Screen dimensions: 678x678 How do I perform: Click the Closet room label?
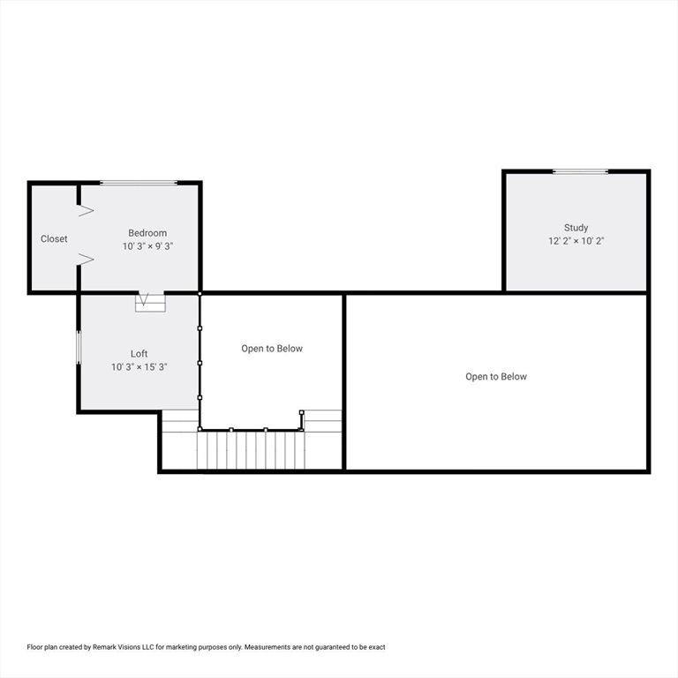coord(54,239)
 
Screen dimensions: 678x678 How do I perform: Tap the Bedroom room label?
coord(147,233)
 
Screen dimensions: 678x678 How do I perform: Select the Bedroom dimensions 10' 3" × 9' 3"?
coord(147,246)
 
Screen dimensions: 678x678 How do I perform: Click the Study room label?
coord(576,228)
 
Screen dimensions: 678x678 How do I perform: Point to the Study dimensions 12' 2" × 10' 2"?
coord(576,240)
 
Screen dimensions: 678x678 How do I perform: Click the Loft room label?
coord(139,353)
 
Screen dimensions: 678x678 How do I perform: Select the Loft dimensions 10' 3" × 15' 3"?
coord(139,366)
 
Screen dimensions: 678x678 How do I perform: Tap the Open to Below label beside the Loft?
coord(272,349)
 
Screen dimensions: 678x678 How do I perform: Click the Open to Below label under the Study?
coord(496,377)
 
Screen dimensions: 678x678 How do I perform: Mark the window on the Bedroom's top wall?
coord(139,183)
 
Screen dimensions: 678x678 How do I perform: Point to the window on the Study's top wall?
coord(580,171)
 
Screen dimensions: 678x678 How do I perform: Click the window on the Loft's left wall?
coord(79,348)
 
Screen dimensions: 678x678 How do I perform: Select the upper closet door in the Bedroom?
coord(86,210)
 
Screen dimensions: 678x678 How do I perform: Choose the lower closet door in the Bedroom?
coord(86,259)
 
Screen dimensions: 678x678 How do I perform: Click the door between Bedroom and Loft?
coord(150,301)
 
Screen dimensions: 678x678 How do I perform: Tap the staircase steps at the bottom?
coord(252,449)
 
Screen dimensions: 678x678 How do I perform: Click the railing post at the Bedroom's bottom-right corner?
coord(200,293)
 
